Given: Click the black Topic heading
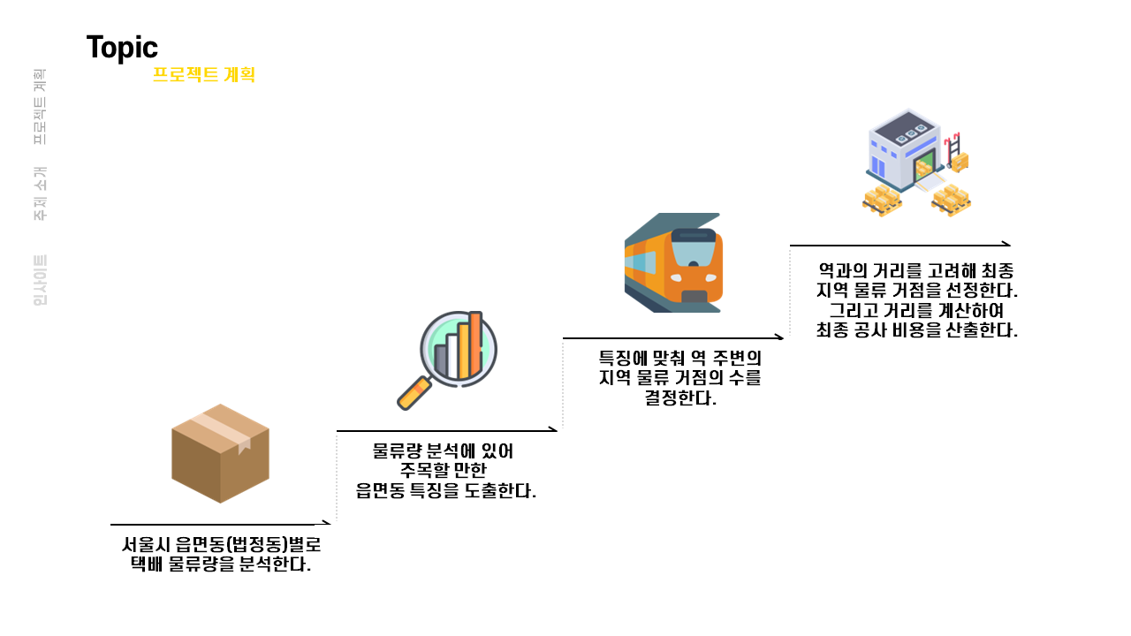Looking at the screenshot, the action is coord(122,48).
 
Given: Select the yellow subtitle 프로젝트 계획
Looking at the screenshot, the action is coord(203,74).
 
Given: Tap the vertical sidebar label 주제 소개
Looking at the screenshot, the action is coord(40,193).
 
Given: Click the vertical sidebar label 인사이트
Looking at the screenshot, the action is coord(40,280).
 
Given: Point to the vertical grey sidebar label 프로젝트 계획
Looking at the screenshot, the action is coord(40,107).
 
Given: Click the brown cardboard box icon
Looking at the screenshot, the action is coord(220,453).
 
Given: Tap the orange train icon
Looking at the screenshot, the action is coord(673,262).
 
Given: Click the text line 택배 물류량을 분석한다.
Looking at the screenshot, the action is coord(221,564).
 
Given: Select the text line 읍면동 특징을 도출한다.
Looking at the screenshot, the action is coord(446,491).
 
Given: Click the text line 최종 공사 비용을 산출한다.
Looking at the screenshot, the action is coord(917,330).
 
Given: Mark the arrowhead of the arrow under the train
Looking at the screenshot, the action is coord(778,337).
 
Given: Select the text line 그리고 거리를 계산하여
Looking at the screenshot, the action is coord(917,310).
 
